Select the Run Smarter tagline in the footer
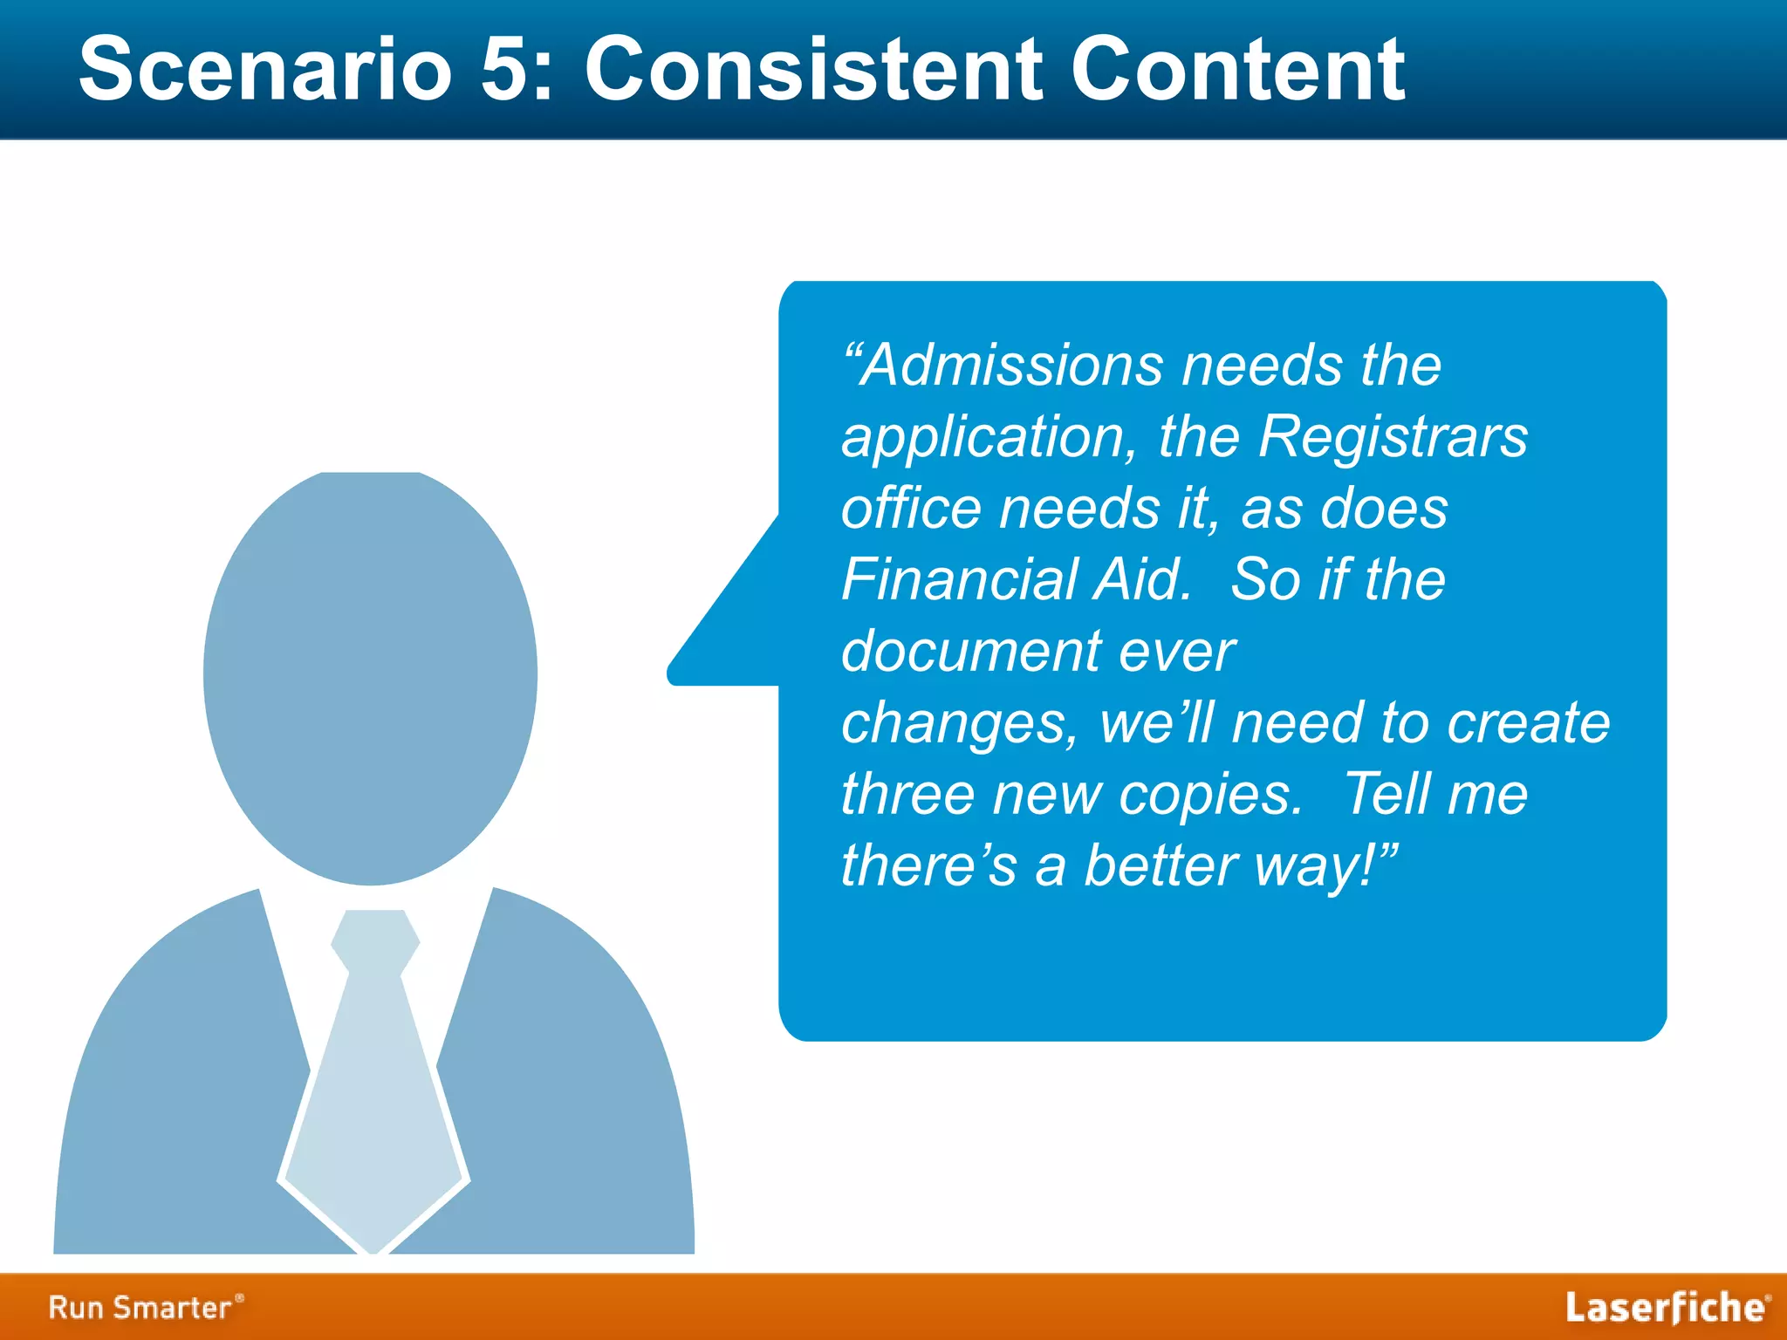[x=145, y=1307]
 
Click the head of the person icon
[x=370, y=676]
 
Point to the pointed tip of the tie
[x=373, y=1243]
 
